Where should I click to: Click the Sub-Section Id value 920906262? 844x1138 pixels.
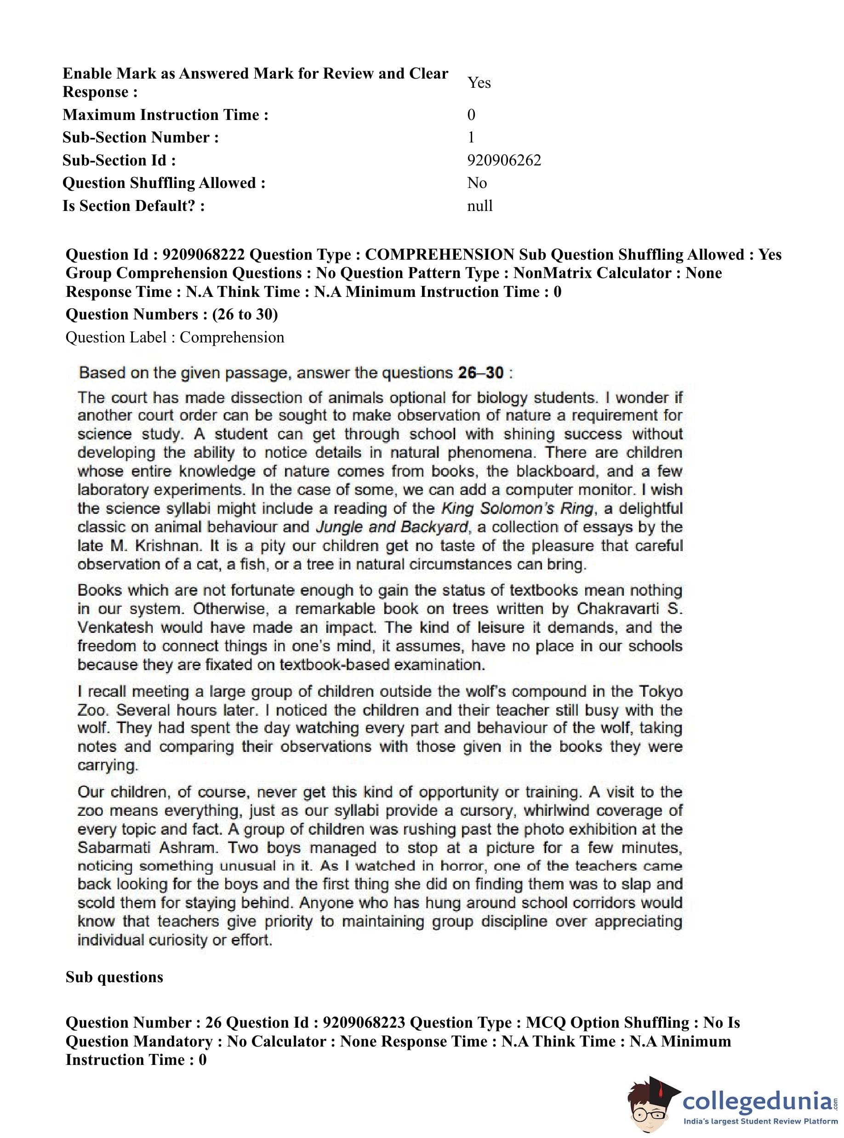(504, 160)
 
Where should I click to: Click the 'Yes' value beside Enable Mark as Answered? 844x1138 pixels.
(479, 83)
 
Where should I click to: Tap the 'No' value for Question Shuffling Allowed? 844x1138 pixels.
(477, 183)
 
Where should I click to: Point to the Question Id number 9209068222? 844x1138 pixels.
(203, 254)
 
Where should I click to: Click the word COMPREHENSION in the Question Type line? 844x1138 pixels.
(439, 254)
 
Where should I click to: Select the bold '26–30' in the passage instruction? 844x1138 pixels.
(480, 373)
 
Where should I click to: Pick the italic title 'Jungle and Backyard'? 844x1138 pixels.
(392, 527)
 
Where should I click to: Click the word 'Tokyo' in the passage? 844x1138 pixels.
(661, 692)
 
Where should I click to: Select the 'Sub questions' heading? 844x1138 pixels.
(114, 977)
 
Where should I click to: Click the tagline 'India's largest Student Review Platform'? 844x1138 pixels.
(760, 1121)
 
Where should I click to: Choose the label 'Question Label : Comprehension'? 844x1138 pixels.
(175, 338)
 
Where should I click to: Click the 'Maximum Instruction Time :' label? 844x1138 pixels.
(165, 115)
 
